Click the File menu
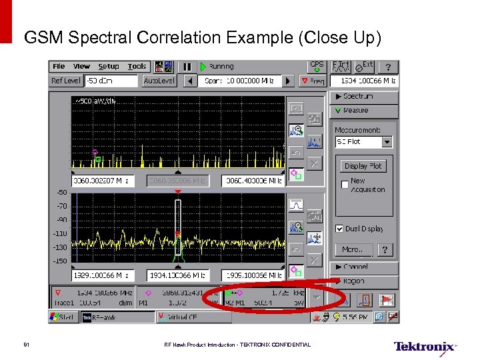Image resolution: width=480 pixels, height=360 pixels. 59,67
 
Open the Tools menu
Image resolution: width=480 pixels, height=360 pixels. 137,67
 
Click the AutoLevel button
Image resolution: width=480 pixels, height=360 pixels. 159,81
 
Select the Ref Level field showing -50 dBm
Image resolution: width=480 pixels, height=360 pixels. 110,81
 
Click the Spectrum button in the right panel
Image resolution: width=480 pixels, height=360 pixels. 363,97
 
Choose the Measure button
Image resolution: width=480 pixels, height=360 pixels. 363,111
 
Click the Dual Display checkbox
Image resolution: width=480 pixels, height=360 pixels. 339,229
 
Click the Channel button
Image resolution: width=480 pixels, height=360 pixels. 363,267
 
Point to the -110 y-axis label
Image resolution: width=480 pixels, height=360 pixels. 61,234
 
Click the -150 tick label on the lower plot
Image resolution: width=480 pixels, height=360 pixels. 61,261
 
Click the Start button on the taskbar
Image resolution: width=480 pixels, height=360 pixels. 63,318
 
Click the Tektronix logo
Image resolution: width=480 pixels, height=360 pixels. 425,347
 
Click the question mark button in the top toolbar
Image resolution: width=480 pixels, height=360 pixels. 389,67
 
